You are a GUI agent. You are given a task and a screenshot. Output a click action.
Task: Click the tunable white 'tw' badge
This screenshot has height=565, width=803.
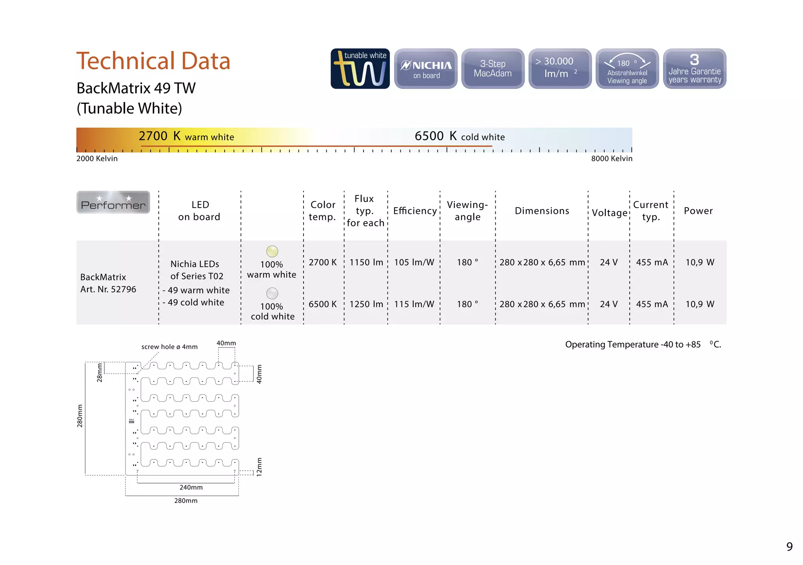coord(360,69)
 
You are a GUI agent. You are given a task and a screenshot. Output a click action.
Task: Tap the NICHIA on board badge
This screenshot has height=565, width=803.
coord(426,69)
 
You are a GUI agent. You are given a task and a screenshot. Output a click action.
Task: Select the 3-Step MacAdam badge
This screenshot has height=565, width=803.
coord(493,69)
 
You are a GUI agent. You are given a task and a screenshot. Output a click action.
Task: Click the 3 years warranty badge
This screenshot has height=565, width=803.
coord(694,69)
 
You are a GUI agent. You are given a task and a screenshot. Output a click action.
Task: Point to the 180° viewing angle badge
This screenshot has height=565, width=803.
coord(627,69)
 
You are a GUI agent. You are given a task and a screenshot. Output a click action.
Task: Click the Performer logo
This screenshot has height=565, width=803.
coord(113,202)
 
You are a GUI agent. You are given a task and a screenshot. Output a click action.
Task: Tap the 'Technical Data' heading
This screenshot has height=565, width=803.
coord(153,61)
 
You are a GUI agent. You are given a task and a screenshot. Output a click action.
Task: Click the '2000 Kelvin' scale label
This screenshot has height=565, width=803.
coord(97,159)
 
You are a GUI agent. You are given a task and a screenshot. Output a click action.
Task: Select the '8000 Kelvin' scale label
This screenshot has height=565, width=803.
coord(612,159)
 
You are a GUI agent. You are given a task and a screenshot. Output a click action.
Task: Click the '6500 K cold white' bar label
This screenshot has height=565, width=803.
coord(460,136)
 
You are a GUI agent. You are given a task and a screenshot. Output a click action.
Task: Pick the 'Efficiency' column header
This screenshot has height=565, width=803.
coord(415,211)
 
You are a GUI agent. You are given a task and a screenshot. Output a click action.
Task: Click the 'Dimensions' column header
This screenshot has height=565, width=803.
coord(542,211)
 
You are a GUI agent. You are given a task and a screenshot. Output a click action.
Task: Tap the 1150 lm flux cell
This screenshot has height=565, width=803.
coord(366,262)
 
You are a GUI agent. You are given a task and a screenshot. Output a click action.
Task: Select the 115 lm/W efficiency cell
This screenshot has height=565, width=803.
coord(414,304)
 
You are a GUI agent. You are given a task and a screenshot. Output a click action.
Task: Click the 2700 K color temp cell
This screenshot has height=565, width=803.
coord(323,262)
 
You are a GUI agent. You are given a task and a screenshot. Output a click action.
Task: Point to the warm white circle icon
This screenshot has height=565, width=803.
coord(272,251)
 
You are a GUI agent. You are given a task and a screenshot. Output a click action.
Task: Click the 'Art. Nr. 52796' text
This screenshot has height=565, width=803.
coord(108,289)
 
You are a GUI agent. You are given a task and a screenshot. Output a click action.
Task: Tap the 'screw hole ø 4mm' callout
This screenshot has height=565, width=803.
coord(169,347)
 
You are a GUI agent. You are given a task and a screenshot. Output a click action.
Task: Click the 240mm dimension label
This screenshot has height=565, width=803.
coord(191,487)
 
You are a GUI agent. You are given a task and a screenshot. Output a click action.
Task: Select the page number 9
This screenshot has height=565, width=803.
coord(789,547)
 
